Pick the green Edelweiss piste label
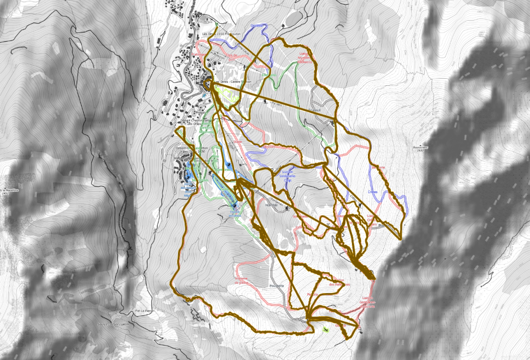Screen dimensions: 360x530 [x=267, y=75]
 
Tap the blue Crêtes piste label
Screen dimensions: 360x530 [x=373, y=191]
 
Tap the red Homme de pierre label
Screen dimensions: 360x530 [x=241, y=281]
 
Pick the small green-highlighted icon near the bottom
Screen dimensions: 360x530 [x=325, y=329]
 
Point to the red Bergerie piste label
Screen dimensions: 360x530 [x=378, y=167]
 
